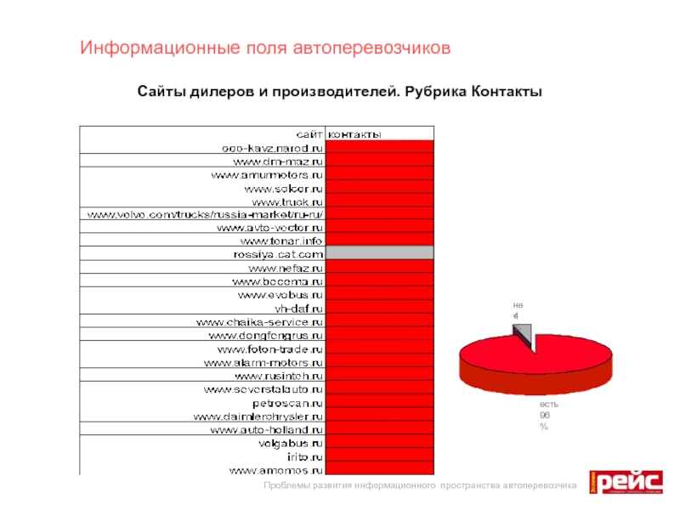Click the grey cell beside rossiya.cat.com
379,253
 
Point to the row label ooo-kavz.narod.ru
266,147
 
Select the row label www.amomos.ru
276,468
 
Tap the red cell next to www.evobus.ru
379,294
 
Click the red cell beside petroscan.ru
379,402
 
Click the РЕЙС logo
627,483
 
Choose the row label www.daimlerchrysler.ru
258,416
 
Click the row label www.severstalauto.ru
263,388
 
